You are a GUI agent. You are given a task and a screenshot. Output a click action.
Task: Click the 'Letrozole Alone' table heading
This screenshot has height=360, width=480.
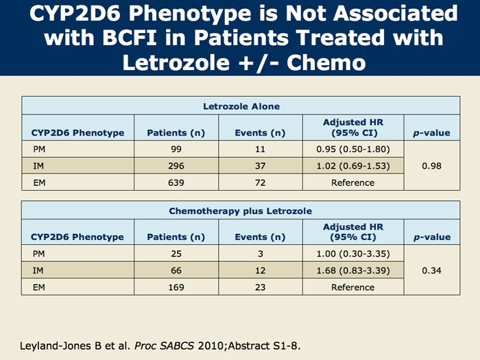point(241,106)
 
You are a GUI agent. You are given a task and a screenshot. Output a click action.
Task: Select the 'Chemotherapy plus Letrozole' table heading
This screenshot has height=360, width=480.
point(241,211)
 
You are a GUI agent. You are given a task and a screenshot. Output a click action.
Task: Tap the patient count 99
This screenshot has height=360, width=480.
point(176,149)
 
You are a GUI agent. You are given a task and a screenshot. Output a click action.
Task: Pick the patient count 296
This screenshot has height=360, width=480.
point(176,166)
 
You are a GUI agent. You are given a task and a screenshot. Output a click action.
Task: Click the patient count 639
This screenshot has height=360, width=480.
point(176,182)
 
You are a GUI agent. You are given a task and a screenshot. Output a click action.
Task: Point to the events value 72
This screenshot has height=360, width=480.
point(260,182)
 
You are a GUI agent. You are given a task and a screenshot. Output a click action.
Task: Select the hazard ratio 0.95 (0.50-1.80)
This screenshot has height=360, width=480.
point(352,149)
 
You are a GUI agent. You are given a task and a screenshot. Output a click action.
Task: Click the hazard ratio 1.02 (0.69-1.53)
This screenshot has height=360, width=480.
point(352,166)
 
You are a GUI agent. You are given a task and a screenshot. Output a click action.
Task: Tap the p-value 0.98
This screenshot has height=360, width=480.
point(431,166)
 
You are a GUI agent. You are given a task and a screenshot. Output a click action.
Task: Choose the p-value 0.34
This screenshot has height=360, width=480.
point(431,270)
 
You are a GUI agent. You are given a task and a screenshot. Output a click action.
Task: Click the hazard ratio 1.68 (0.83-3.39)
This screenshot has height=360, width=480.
point(352,270)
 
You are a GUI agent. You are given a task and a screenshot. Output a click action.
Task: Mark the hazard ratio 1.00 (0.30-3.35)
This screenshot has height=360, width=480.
point(352,254)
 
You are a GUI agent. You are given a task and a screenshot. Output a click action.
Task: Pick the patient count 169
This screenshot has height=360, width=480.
point(176,287)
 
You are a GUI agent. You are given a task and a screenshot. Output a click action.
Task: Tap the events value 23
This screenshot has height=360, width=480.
point(260,287)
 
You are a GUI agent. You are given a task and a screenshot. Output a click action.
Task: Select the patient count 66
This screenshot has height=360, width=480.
point(176,270)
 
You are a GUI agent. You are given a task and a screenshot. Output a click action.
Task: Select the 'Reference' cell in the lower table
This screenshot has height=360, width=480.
point(352,287)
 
